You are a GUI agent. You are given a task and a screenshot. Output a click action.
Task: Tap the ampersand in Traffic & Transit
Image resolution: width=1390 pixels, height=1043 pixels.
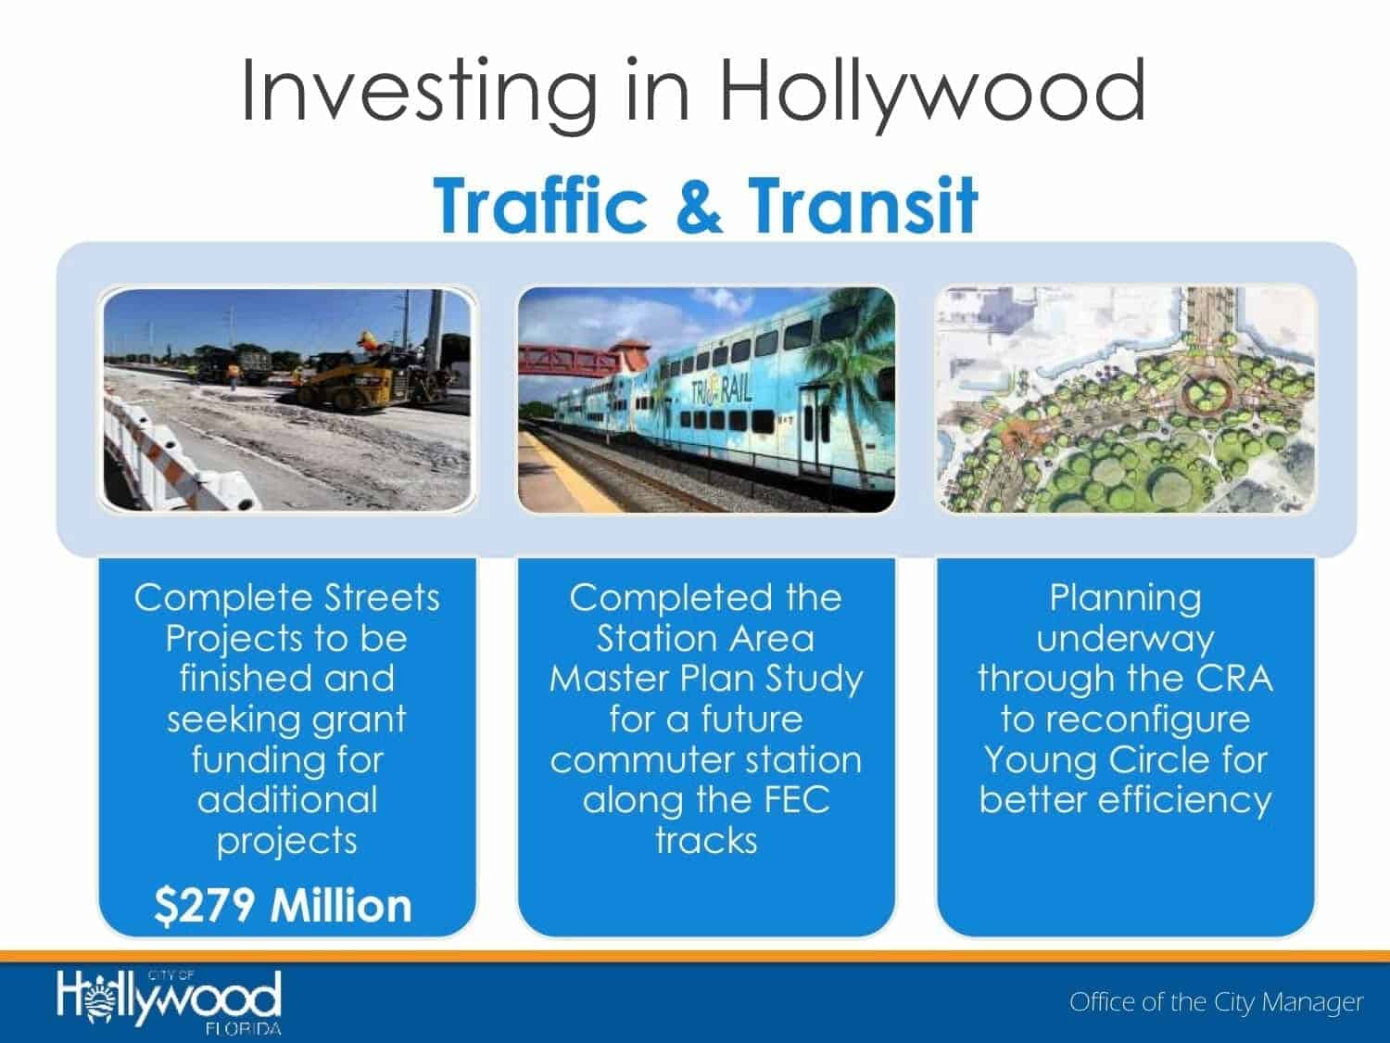point(698,206)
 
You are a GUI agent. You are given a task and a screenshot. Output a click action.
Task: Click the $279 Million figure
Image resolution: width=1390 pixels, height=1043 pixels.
point(283,906)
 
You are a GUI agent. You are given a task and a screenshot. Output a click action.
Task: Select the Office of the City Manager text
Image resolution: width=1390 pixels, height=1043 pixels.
point(1216,1002)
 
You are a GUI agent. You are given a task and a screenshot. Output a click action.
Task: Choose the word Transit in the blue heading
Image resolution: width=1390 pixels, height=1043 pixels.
point(863,206)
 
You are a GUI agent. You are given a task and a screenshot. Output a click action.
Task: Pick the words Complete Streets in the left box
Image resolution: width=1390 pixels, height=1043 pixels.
point(287,598)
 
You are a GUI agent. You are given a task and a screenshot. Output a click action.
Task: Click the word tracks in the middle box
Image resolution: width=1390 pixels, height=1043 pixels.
point(706,841)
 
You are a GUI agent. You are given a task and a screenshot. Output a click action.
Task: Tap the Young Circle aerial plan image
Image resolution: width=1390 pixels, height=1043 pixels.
point(1126,400)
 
